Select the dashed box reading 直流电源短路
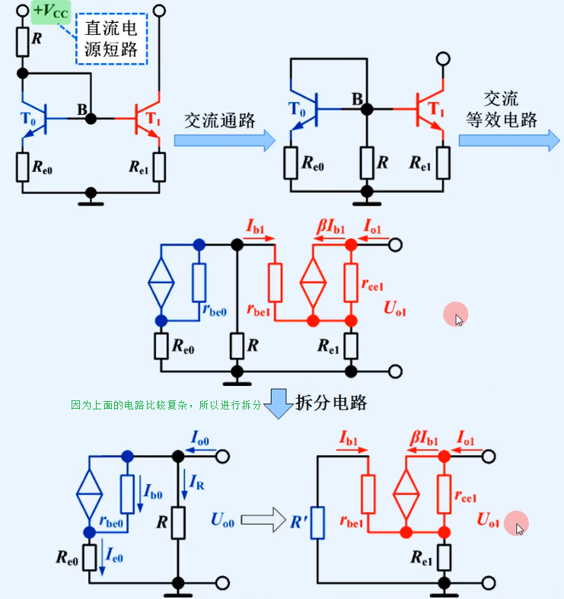111,38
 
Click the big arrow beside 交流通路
225,140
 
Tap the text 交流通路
219,120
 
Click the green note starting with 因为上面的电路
166,405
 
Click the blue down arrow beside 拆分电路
279,404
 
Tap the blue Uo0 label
225,520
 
